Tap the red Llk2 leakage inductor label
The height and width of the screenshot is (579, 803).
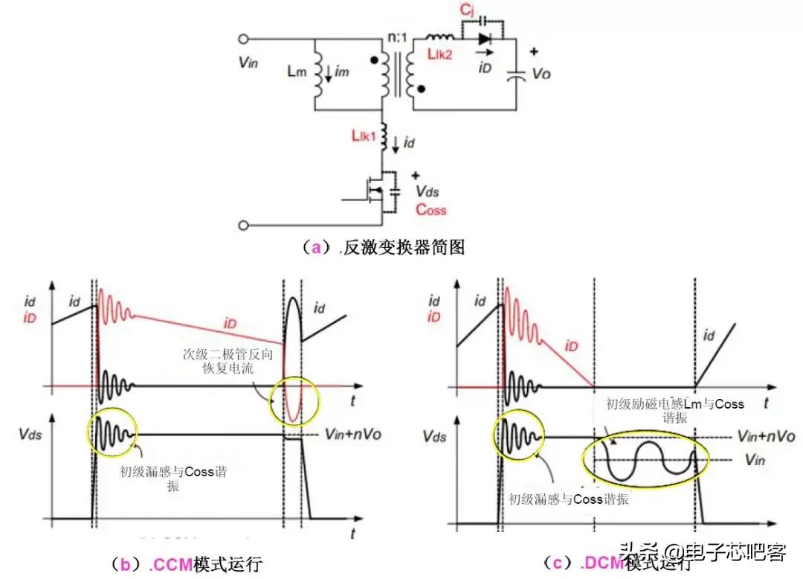click(x=440, y=54)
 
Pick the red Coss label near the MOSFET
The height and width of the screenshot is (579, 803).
click(x=430, y=211)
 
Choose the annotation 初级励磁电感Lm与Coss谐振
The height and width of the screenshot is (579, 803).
click(x=673, y=412)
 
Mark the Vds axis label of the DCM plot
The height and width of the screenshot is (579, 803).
click(x=434, y=436)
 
